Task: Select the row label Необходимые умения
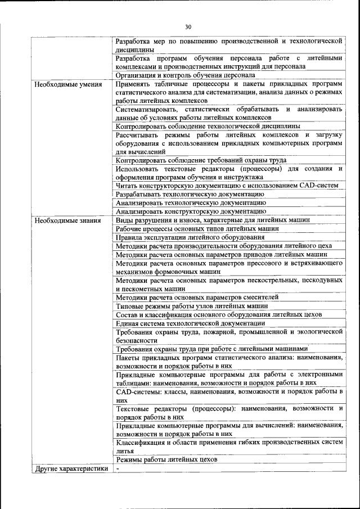coord(67,85)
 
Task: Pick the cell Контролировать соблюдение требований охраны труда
coord(203,160)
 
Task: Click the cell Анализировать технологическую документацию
coord(191,202)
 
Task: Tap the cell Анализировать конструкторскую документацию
coord(191,211)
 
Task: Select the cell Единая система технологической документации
coord(190,323)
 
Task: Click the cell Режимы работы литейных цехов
coord(166,460)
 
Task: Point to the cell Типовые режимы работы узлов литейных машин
coord(191,306)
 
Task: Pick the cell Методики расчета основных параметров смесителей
coord(197,297)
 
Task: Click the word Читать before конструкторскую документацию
coord(127,185)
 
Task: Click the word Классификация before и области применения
coord(143,443)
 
